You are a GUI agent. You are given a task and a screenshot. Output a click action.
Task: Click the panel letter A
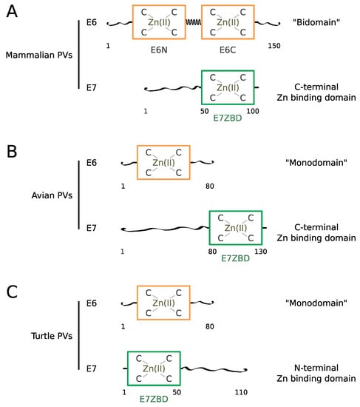click(12, 11)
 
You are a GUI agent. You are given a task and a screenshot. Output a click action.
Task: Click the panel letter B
click(12, 152)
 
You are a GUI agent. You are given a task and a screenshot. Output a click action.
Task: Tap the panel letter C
click(12, 292)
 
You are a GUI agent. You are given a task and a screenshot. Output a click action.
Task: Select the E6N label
click(159, 50)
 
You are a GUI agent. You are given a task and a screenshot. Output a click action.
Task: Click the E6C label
click(228, 50)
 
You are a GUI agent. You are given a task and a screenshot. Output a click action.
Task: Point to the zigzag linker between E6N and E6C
click(194, 22)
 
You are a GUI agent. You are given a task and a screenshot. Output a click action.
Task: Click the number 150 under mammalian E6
click(274, 46)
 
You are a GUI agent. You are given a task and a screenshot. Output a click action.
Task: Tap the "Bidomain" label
click(316, 22)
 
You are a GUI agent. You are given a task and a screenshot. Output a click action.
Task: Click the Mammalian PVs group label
click(39, 55)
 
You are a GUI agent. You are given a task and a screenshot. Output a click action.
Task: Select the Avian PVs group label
click(52, 195)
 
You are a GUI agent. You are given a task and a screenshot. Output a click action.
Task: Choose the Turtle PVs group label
click(52, 336)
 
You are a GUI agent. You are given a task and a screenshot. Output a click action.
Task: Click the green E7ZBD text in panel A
click(228, 118)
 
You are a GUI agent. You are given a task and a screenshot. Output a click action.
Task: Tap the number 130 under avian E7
click(261, 252)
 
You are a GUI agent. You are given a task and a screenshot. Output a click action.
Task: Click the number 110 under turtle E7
click(241, 392)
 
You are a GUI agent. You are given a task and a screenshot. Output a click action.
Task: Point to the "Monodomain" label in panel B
click(316, 163)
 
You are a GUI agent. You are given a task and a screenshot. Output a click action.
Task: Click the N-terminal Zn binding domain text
click(316, 373)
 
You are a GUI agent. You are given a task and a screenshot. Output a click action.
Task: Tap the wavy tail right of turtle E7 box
click(214, 369)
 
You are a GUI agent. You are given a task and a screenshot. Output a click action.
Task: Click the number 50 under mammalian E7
click(204, 111)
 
